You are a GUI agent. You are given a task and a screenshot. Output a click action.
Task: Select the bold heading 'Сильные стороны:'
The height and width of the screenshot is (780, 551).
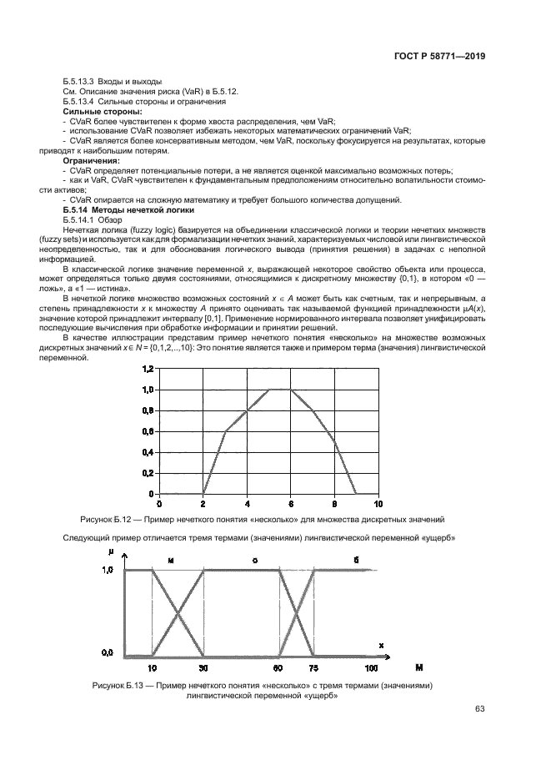[103, 111]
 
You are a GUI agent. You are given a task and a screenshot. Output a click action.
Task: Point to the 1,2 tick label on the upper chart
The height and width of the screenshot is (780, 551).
[147, 369]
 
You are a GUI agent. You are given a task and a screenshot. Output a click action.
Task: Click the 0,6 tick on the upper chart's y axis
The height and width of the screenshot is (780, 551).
[147, 431]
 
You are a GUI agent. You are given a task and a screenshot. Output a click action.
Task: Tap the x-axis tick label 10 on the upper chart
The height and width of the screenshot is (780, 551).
[378, 504]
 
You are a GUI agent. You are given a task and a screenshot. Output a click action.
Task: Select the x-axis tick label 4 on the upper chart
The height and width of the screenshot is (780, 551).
[247, 504]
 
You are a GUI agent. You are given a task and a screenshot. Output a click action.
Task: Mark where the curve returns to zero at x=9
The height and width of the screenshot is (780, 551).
[356, 494]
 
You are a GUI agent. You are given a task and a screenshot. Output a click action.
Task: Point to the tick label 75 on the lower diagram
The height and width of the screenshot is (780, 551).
[313, 667]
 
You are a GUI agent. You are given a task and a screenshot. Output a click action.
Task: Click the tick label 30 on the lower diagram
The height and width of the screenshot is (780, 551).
[205, 667]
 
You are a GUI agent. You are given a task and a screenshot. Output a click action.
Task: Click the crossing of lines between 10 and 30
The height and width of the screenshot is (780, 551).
[178, 612]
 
